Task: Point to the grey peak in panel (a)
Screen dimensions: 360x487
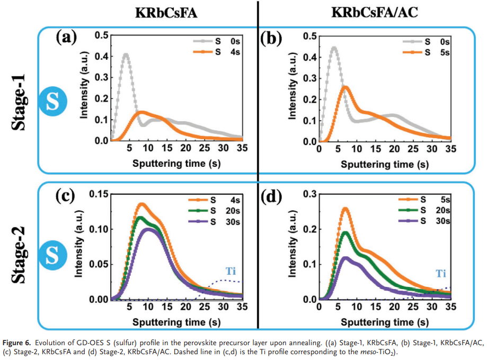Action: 126,54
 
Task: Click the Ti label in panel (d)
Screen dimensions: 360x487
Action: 441,273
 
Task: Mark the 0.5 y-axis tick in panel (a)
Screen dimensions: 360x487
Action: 100,36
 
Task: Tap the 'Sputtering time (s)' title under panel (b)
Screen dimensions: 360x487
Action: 384,164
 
